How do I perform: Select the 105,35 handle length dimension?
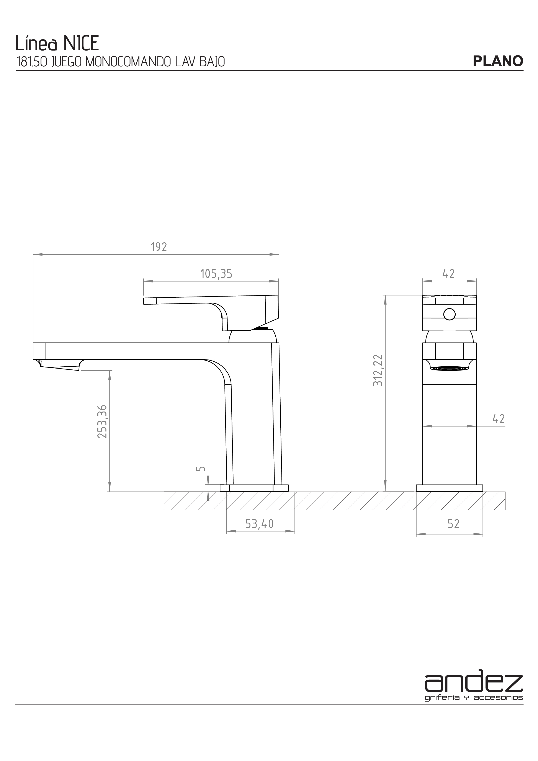(x=216, y=274)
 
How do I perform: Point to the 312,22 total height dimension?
(x=378, y=370)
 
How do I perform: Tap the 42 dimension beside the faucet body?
(x=499, y=419)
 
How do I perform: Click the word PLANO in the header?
(x=498, y=61)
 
